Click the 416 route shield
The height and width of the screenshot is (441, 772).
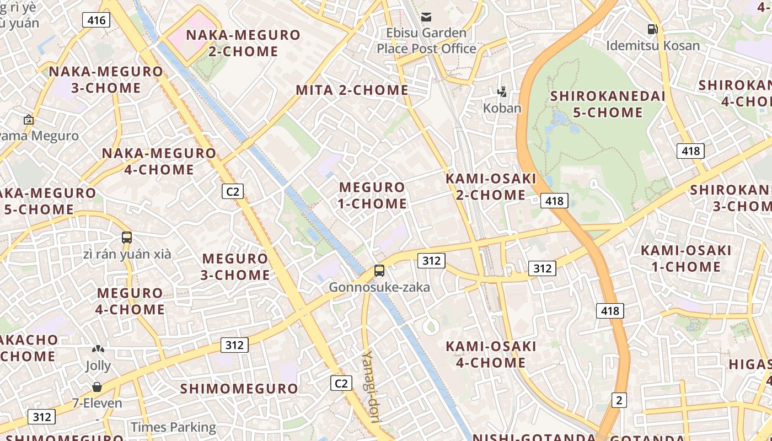[x=96, y=20]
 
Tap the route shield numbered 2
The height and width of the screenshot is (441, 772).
[x=619, y=400]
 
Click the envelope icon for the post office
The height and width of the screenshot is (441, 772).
[x=426, y=17]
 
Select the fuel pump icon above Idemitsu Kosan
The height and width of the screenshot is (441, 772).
[x=652, y=29]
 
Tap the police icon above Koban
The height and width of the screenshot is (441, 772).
[x=502, y=92]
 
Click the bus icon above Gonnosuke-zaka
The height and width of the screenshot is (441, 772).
[x=379, y=271]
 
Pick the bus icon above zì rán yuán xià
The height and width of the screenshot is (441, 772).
[x=127, y=238]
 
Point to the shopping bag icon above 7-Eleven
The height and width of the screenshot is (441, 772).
[x=97, y=387]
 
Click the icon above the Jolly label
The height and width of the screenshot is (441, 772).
[x=98, y=349]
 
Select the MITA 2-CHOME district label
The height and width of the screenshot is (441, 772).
[x=352, y=90]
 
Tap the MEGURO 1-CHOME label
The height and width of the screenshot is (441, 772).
[x=372, y=195]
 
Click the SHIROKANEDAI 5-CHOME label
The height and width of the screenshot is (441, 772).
[x=608, y=104]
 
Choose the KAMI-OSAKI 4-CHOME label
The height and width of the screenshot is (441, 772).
[x=490, y=354]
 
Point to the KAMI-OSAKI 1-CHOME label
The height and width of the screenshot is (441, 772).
[x=685, y=259]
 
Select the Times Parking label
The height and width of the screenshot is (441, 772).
[x=173, y=427]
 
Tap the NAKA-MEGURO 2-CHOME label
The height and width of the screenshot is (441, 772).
[x=243, y=43]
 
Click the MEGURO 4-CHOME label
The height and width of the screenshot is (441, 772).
[x=131, y=301]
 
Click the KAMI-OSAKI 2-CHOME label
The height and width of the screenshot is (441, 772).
[x=490, y=186]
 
